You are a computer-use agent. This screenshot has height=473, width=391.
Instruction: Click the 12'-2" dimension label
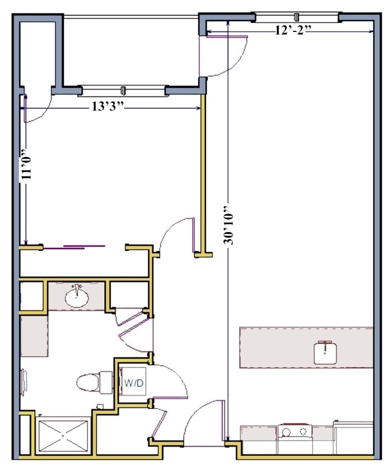click(293, 30)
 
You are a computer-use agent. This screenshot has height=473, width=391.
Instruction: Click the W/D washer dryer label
click(134, 383)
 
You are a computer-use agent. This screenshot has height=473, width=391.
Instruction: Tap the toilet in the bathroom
click(94, 383)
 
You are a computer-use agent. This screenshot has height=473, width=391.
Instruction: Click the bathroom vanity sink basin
click(77, 298)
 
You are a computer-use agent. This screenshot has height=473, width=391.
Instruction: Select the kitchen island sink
click(325, 353)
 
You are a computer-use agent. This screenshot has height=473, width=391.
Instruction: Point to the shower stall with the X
click(63, 435)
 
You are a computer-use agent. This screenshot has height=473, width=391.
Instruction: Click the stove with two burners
click(295, 432)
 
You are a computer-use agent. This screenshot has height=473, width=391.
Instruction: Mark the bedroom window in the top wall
click(123, 90)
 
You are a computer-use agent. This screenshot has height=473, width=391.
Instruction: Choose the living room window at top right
click(297, 17)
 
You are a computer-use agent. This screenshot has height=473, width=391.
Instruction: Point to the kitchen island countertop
click(306, 347)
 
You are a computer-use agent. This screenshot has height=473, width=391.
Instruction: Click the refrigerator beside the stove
click(353, 437)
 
